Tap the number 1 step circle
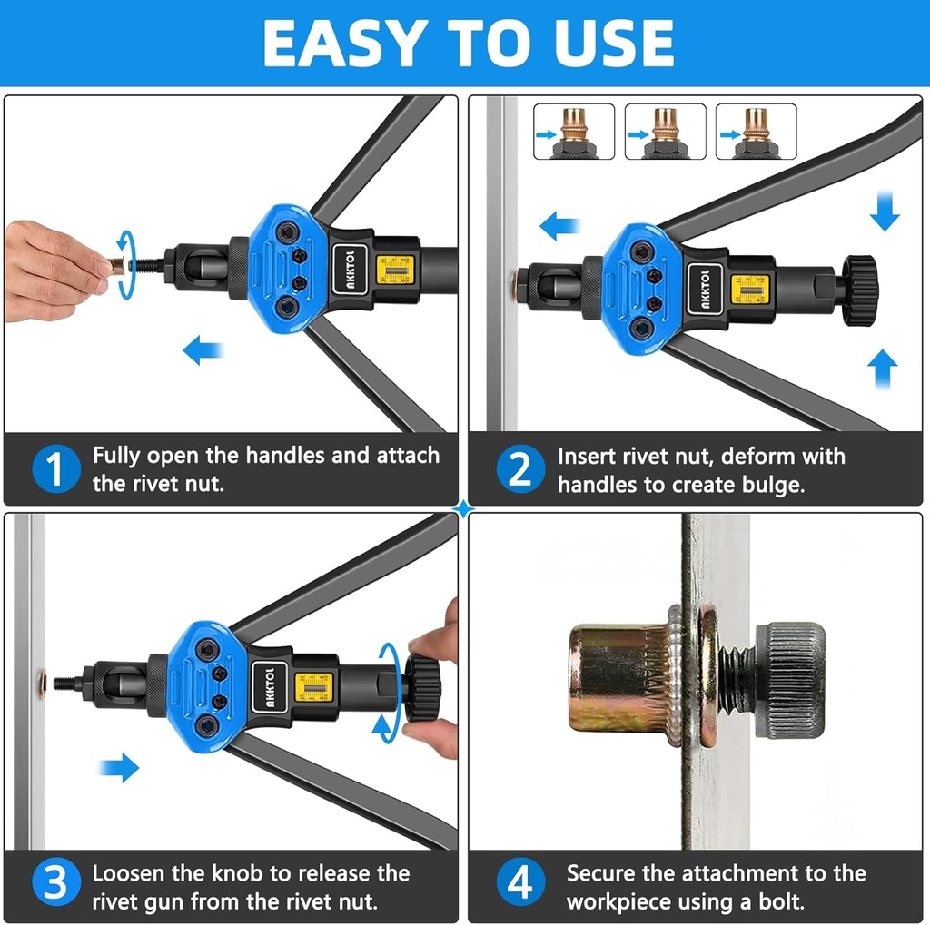click(x=55, y=469)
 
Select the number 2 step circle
click(x=519, y=469)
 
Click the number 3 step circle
click(x=55, y=886)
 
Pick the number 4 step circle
click(x=519, y=886)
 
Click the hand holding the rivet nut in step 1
click(x=54, y=270)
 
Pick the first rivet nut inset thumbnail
click(x=574, y=133)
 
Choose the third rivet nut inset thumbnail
click(x=756, y=133)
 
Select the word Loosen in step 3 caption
click(x=128, y=873)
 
